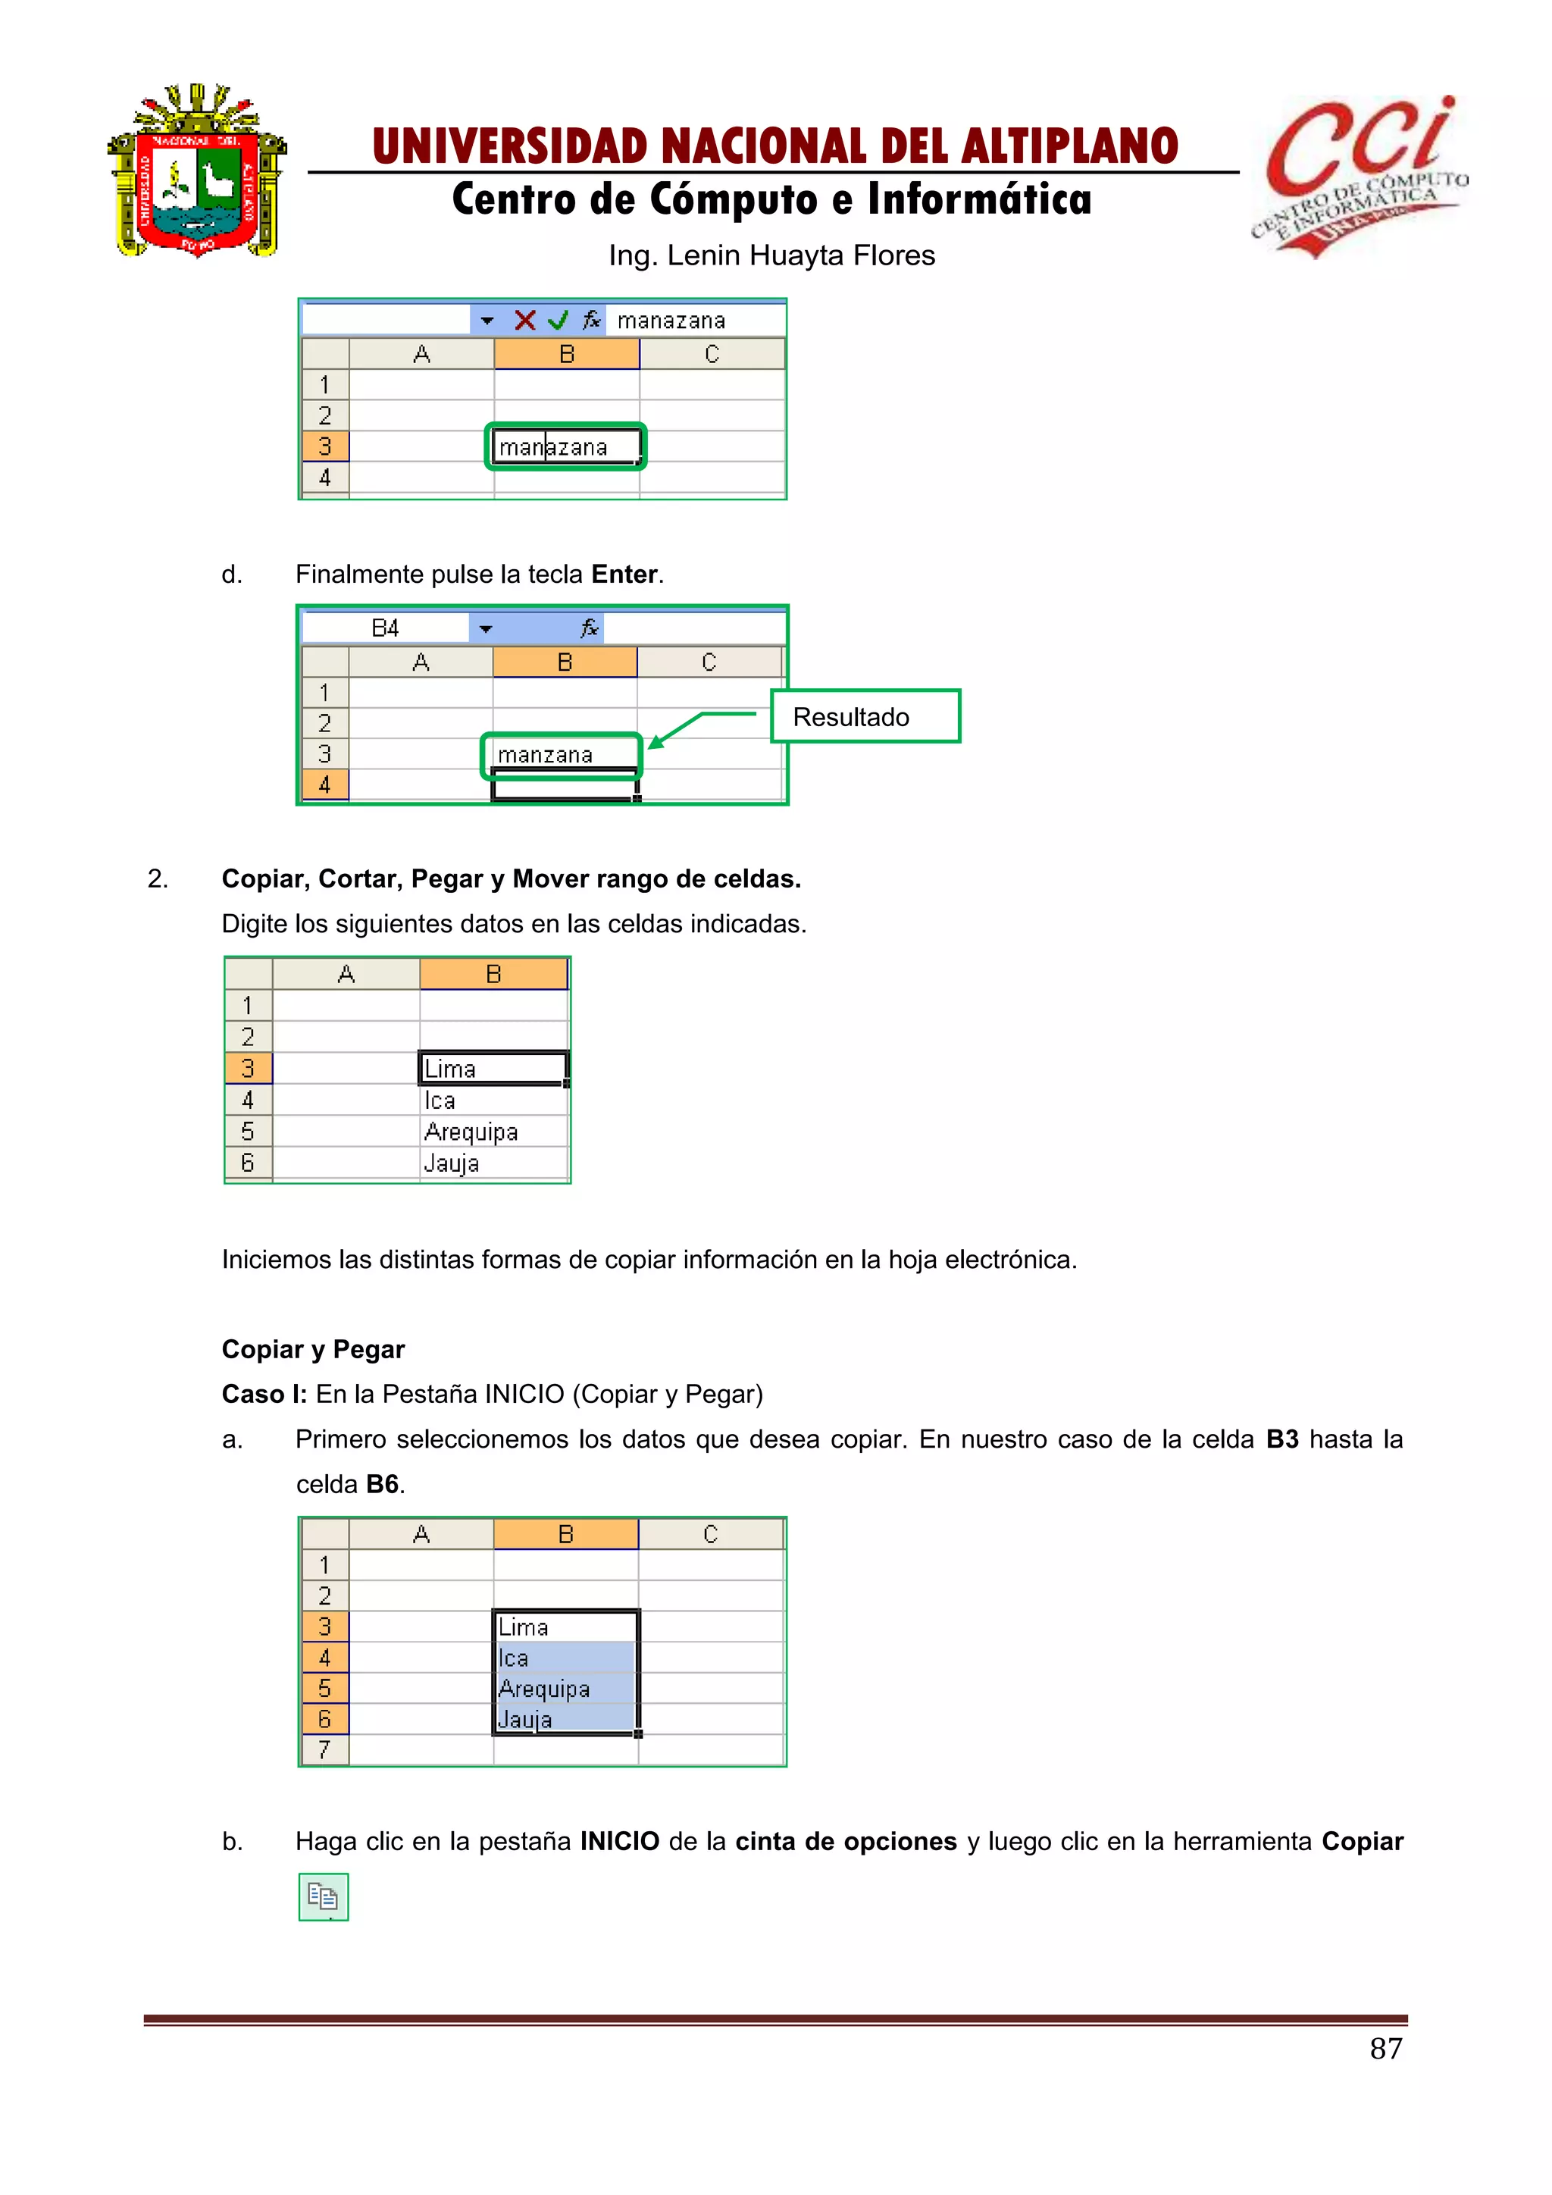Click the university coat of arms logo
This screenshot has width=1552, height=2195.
[x=197, y=172]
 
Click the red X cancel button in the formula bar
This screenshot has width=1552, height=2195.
[x=524, y=321]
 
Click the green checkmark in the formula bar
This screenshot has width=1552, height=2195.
[x=558, y=321]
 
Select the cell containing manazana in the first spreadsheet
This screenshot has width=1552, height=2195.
[x=566, y=446]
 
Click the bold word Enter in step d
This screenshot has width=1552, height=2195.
[x=624, y=574]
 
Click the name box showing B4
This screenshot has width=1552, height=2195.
[x=385, y=628]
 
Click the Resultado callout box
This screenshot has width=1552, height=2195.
[x=864, y=716]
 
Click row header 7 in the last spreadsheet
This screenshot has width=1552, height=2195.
[x=325, y=1749]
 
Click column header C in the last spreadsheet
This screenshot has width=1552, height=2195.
[x=710, y=1534]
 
